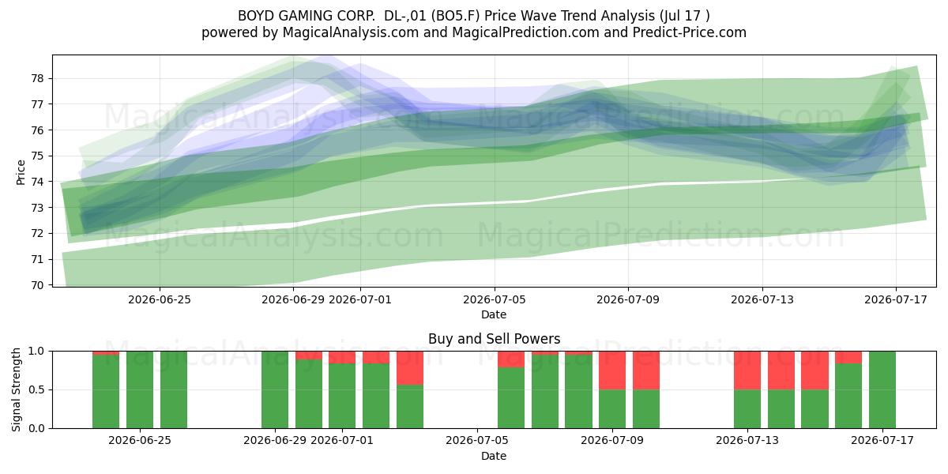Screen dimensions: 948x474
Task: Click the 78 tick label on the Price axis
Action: (37, 78)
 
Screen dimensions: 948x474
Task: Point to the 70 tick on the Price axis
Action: (37, 285)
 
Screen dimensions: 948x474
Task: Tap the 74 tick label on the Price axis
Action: (37, 182)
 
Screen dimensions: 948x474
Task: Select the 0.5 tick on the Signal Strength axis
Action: (37, 389)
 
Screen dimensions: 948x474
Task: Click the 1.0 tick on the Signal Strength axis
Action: (37, 351)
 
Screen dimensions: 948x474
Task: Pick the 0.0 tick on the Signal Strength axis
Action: (37, 428)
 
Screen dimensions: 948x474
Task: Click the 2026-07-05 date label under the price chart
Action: (494, 299)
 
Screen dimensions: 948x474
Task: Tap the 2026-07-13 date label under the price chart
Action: (762, 299)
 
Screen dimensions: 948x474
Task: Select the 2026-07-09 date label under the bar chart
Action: (612, 440)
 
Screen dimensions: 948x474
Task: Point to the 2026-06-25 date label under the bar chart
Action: (140, 440)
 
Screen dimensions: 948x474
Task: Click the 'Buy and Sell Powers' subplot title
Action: (494, 339)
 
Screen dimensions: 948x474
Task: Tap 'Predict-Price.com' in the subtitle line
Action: (690, 32)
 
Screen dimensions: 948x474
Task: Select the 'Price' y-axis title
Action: (21, 173)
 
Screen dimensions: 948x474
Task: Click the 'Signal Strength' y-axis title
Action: (16, 389)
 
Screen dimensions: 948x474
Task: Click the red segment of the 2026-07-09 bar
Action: (612, 371)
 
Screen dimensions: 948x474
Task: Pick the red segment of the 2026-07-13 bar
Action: (747, 371)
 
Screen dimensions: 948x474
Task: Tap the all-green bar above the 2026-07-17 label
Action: (882, 389)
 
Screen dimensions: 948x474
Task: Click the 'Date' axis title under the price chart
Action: (494, 314)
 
